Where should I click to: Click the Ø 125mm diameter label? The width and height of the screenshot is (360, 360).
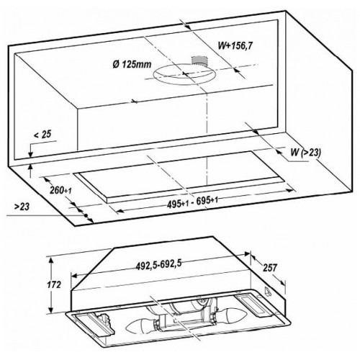(132, 64)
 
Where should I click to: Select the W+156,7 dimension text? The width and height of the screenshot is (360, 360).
(235, 45)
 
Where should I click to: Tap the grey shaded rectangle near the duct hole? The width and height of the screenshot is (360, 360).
(199, 60)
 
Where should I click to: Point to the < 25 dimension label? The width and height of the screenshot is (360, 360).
(42, 134)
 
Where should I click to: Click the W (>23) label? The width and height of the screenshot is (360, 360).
(305, 152)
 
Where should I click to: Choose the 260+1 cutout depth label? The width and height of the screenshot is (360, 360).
(60, 190)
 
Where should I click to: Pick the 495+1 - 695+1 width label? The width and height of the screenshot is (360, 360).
(192, 202)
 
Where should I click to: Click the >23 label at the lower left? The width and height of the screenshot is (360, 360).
(22, 207)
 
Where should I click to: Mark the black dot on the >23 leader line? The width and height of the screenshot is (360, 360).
(85, 215)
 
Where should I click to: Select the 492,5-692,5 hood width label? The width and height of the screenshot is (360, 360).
(158, 264)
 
